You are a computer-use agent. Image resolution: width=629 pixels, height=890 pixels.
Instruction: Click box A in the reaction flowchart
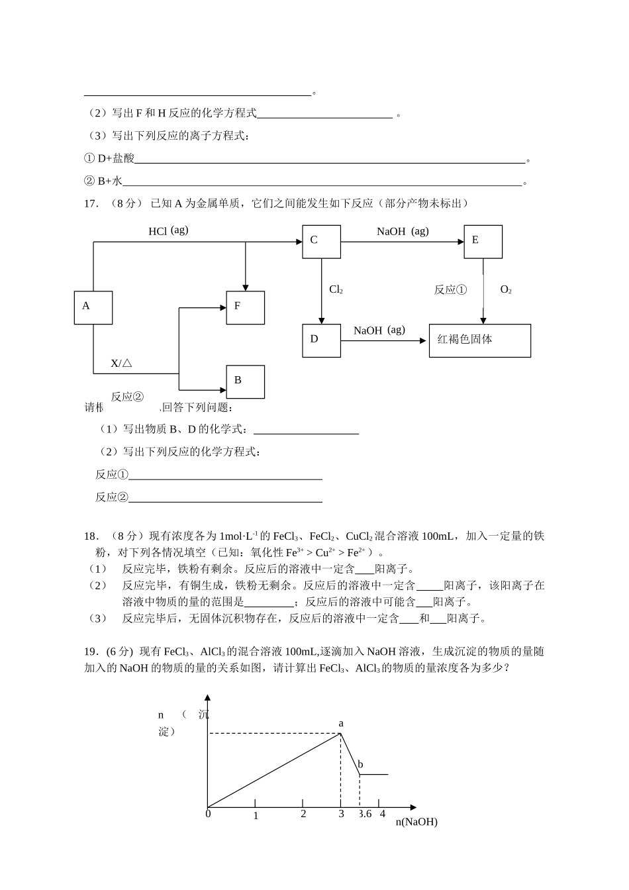(x=93, y=307)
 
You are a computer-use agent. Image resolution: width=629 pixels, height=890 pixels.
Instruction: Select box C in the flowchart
(x=321, y=241)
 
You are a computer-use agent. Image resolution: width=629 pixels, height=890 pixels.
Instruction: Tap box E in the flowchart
(x=483, y=241)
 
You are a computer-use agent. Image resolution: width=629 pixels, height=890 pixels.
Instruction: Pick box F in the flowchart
(x=245, y=307)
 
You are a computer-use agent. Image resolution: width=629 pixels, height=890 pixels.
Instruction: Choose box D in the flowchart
(x=321, y=340)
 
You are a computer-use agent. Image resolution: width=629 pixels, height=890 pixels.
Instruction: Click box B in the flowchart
(x=245, y=381)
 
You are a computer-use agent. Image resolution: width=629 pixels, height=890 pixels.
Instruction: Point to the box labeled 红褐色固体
(x=479, y=340)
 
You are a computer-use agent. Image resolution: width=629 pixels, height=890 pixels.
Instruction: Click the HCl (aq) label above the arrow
(x=168, y=230)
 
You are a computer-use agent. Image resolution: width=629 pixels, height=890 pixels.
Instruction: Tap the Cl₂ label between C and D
(x=336, y=289)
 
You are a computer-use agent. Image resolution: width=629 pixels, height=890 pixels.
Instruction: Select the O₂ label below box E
(x=506, y=289)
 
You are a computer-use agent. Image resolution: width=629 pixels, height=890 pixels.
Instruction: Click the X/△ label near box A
(x=121, y=364)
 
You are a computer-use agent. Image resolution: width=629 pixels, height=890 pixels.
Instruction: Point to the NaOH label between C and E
(x=403, y=231)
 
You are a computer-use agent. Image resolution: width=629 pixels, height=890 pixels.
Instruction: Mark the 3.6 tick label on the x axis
(x=365, y=814)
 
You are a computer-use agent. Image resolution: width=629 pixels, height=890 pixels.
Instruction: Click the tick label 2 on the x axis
(x=303, y=814)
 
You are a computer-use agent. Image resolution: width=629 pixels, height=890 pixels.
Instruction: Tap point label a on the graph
(x=341, y=723)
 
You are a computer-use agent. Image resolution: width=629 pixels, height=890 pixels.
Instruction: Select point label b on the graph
(x=360, y=764)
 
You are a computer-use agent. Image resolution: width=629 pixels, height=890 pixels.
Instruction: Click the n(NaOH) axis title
(x=416, y=822)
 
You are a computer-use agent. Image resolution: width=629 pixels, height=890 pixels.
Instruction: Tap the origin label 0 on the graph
(x=208, y=814)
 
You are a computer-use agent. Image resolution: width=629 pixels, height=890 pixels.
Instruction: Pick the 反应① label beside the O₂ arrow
(x=450, y=289)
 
